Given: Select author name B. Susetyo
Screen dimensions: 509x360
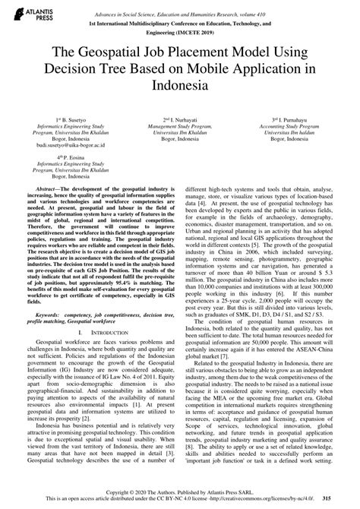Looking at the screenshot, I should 62,121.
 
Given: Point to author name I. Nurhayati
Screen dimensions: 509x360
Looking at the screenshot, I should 181,121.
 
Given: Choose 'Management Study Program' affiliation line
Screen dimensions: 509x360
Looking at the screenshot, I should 180,128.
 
